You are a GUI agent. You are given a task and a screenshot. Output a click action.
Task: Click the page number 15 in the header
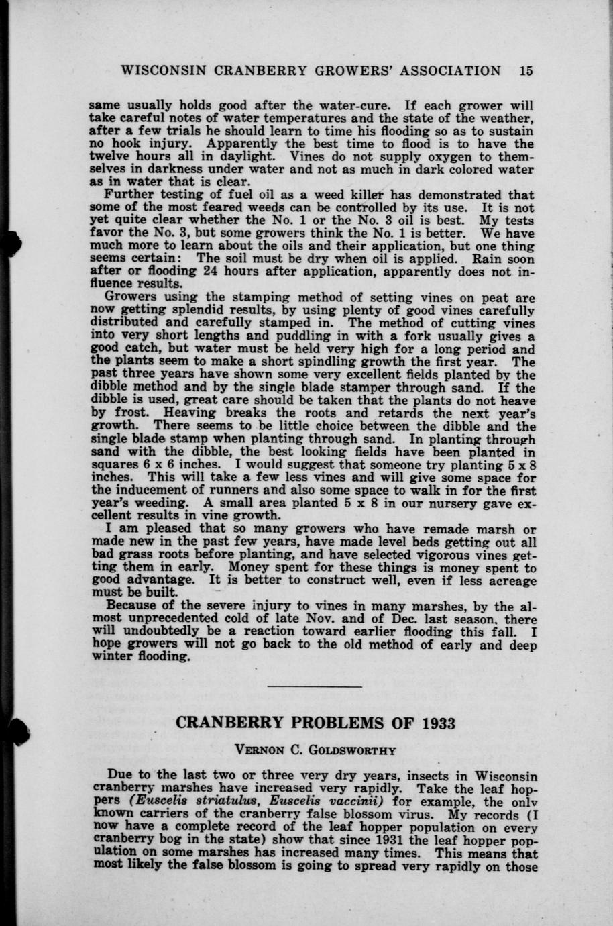pyautogui.click(x=525, y=71)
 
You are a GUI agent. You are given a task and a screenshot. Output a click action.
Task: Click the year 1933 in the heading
pyautogui.click(x=438, y=723)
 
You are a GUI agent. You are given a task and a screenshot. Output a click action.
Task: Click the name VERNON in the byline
pyautogui.click(x=256, y=749)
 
